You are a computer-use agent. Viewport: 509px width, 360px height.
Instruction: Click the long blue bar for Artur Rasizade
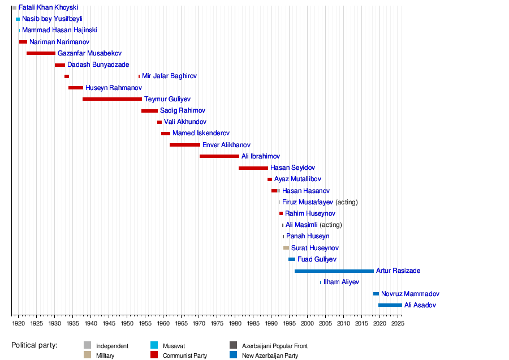(x=334, y=271)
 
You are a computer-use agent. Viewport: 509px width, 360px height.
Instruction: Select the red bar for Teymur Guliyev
(x=112, y=99)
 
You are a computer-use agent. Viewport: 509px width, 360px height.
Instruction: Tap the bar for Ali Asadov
(x=390, y=305)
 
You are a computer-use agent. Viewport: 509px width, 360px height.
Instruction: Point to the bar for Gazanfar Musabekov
(x=41, y=53)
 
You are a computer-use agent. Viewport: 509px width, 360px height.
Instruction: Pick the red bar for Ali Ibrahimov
(x=219, y=156)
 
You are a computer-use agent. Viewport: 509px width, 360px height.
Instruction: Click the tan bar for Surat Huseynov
(x=286, y=248)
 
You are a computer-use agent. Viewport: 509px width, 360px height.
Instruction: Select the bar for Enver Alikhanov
(x=184, y=145)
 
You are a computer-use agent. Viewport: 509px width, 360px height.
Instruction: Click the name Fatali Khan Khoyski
(x=48, y=8)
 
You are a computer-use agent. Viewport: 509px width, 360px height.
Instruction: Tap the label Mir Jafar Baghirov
(x=169, y=76)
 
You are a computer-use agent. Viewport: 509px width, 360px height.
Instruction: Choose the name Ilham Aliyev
(x=341, y=282)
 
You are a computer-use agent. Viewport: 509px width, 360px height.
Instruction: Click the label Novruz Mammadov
(x=410, y=294)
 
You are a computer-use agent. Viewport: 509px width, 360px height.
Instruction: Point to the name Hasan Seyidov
(x=292, y=168)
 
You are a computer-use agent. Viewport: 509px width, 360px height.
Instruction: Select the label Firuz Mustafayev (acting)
(x=320, y=202)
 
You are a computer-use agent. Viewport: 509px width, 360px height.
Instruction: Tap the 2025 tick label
(x=398, y=323)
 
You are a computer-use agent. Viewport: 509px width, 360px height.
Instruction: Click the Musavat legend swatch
(x=154, y=345)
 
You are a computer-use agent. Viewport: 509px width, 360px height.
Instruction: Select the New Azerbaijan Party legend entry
(x=270, y=355)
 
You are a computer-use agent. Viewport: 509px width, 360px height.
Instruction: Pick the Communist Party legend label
(x=184, y=355)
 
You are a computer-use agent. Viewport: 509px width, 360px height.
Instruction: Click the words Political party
(x=34, y=345)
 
